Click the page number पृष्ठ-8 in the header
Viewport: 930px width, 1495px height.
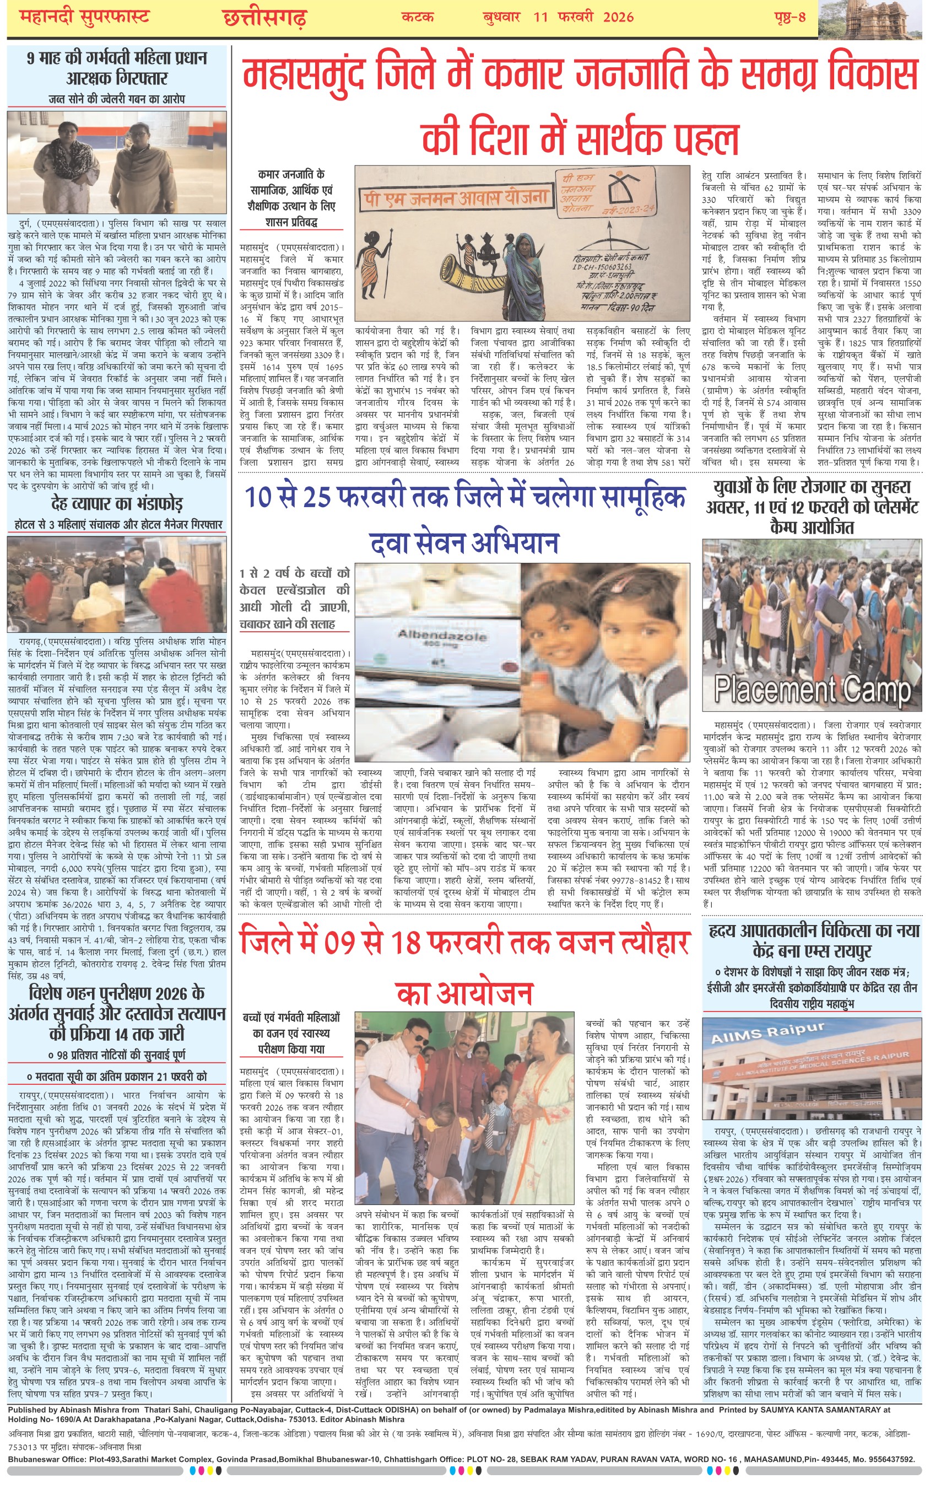tap(790, 17)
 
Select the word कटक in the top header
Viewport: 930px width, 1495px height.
tap(417, 17)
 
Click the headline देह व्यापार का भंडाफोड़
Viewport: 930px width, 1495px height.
tap(117, 504)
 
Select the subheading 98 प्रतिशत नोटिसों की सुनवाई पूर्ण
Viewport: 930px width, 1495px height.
tap(117, 1056)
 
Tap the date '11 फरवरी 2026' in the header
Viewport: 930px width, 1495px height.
tap(583, 17)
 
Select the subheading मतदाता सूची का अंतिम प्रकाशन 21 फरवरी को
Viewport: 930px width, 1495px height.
tap(117, 1077)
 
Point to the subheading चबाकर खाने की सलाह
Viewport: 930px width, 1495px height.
tap(287, 624)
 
